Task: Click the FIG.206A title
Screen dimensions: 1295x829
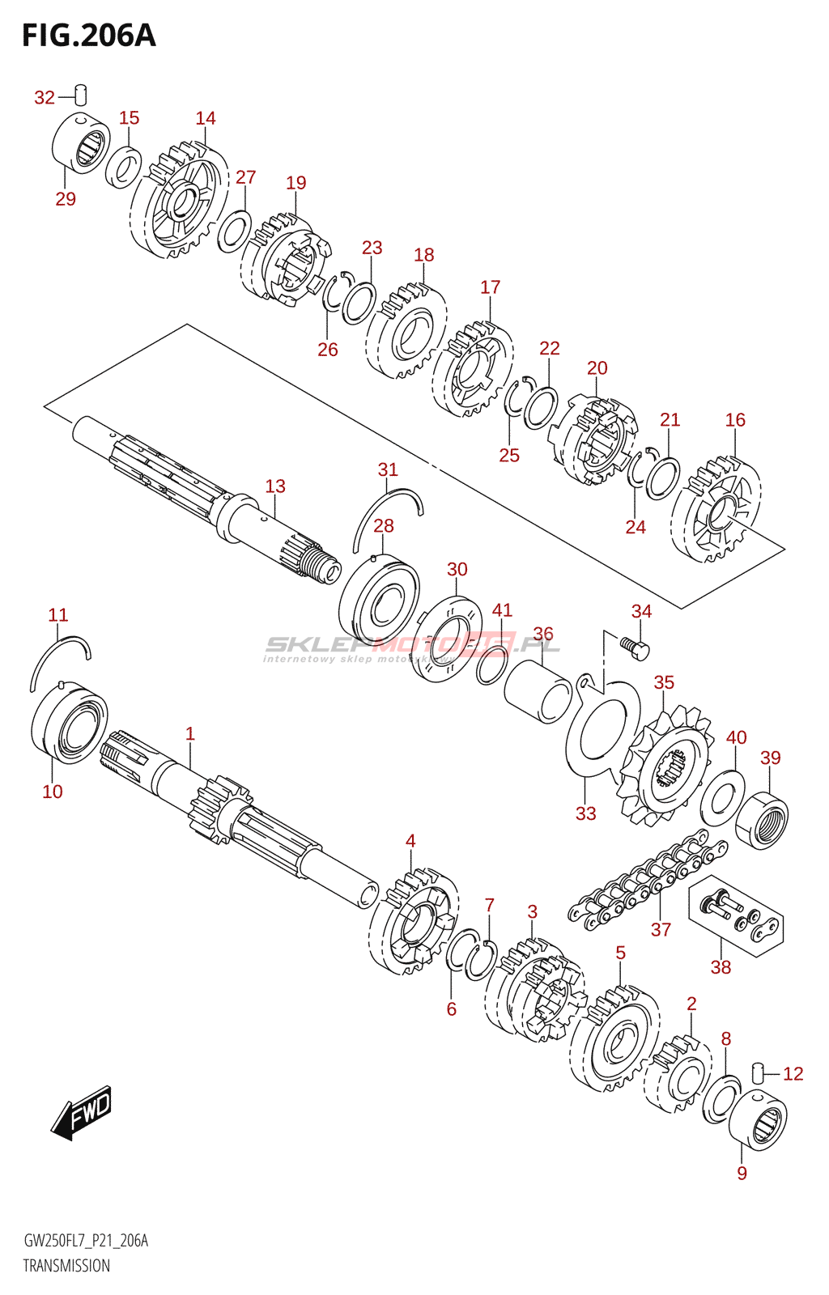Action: pos(88,36)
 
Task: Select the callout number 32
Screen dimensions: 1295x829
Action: pos(45,98)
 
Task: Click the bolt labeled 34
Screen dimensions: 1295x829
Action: pos(634,646)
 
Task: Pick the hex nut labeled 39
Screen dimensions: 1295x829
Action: pos(762,821)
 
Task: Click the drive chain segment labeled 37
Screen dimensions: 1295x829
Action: pos(648,883)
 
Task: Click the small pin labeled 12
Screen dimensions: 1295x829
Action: pos(759,1072)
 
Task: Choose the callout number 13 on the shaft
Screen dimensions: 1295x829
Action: pos(275,486)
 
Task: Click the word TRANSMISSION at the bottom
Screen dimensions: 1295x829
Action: pos(66,1266)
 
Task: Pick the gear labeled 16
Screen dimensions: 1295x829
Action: pos(716,510)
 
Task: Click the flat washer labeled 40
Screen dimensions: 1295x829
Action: pos(722,796)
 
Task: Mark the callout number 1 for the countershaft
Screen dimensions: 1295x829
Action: pos(190,734)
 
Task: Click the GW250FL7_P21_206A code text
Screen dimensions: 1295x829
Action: pos(86,1241)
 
